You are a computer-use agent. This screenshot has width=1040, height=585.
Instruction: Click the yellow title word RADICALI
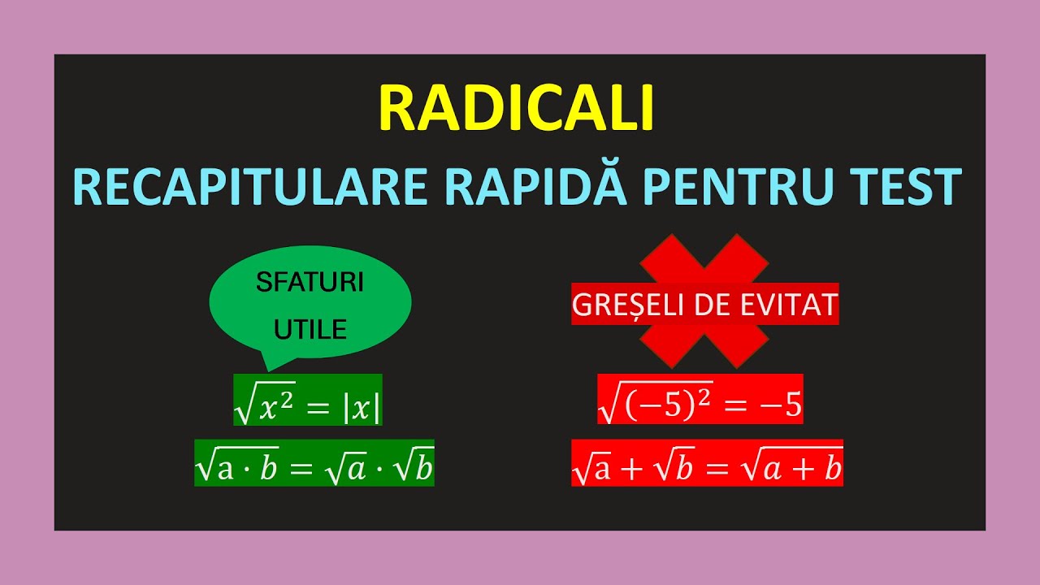pos(517,109)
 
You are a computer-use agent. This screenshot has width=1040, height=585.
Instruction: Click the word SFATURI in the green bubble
pos(310,283)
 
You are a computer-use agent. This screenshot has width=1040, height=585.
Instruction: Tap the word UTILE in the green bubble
pos(310,329)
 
